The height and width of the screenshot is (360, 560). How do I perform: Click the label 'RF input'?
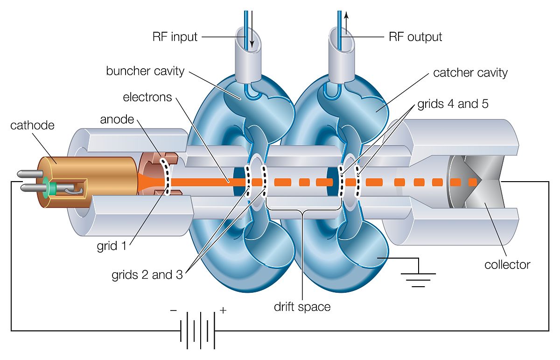[x=175, y=37]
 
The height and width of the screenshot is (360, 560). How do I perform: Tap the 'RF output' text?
[x=415, y=37]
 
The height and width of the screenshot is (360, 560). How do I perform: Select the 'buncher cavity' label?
[x=145, y=71]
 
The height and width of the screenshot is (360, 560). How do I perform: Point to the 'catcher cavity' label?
[x=470, y=73]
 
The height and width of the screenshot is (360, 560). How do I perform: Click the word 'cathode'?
[x=32, y=126]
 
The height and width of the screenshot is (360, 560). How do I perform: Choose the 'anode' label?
[x=117, y=120]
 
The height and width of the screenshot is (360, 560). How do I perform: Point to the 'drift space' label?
[x=302, y=307]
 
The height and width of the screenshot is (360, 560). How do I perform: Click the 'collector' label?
[x=507, y=265]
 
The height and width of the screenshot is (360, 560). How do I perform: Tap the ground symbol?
[x=419, y=278]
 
